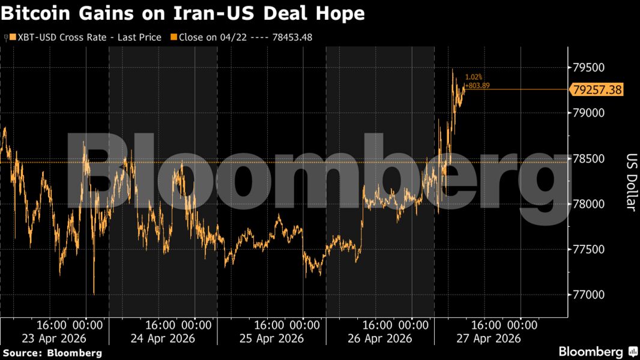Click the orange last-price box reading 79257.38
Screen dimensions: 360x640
pos(597,90)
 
